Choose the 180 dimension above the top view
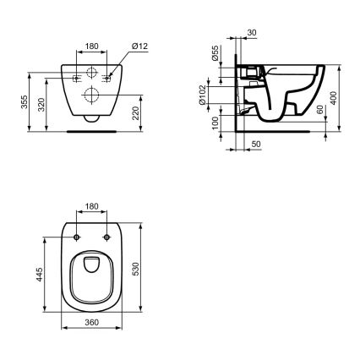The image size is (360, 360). pyautogui.click(x=91, y=205)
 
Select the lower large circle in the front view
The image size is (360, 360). pyautogui.click(x=91, y=97)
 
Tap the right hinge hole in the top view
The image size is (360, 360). pyautogui.click(x=106, y=237)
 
